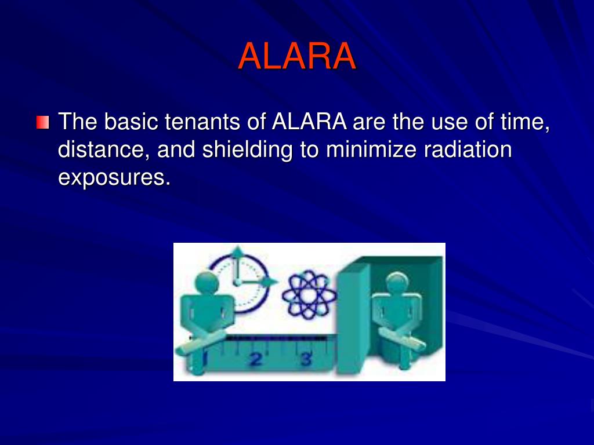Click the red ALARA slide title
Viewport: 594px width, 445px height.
point(296,56)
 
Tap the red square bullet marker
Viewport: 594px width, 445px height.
point(42,123)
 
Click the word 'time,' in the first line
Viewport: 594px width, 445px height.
point(524,122)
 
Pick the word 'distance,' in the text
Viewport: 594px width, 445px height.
point(104,150)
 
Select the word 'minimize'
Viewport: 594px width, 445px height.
point(371,150)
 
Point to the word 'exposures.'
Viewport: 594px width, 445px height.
point(114,178)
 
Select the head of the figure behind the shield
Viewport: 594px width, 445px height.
point(397,283)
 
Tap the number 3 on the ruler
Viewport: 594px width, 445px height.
point(305,359)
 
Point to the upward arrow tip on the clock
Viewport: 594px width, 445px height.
point(237,250)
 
